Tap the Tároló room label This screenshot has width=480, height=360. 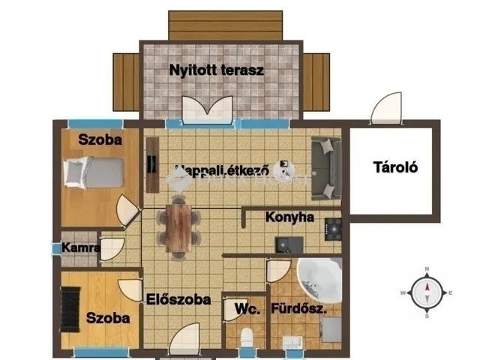click(395, 167)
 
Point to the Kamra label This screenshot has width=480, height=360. click(80, 247)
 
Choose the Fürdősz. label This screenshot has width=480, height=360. click(307, 308)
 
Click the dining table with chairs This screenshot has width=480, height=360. click(178, 226)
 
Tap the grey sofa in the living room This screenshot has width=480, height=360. click(326, 169)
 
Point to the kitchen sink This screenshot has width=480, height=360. click(289, 244)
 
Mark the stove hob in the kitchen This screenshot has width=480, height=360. click(332, 226)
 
